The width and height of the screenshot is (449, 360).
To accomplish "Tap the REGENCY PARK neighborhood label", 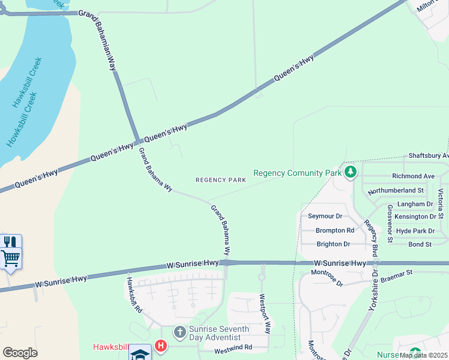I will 221,180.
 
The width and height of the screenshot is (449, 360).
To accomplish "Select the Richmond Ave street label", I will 413,176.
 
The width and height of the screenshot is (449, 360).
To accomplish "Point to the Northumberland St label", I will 396,190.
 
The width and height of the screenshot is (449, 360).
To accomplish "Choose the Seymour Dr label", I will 325,216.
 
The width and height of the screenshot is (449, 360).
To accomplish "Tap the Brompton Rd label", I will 335,230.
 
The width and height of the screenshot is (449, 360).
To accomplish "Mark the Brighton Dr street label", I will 333,244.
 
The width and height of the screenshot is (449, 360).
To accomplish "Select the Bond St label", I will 420,244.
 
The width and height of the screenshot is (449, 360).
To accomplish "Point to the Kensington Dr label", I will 415,217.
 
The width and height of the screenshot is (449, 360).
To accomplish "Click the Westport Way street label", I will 265,314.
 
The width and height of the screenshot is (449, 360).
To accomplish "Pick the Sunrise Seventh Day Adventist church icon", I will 179,332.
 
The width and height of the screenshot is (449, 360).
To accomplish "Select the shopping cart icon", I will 11,259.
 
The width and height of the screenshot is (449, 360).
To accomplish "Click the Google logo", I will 20,352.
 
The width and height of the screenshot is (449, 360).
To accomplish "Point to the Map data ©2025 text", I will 423,355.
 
